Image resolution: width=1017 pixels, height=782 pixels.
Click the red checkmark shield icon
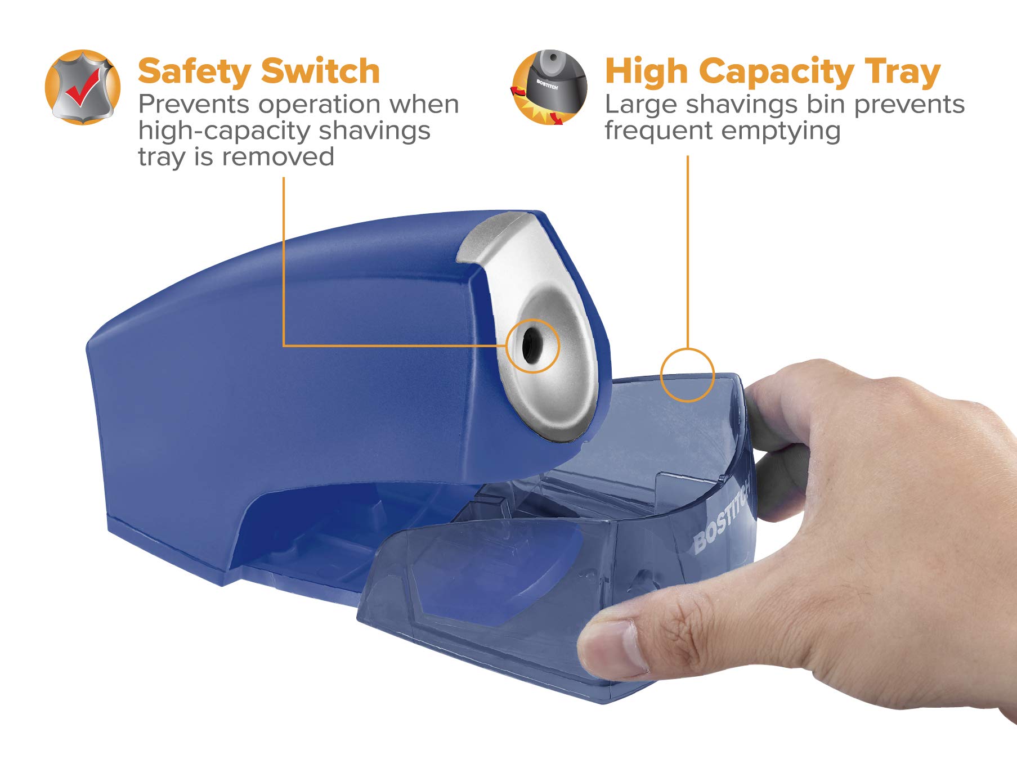pos(83,87)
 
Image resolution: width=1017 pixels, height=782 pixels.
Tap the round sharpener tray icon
pos(550,87)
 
